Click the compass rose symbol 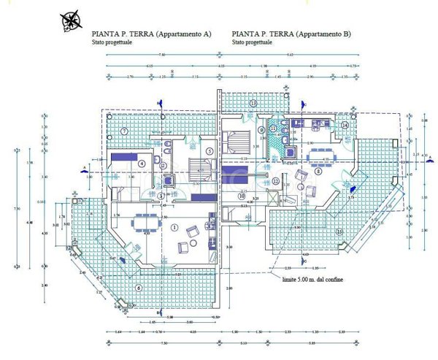[x=72, y=20]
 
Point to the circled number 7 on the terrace [x=125, y=131]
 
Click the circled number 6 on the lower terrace [x=139, y=287]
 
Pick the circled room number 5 [x=209, y=151]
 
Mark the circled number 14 [x=345, y=124]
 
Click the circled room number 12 [x=275, y=180]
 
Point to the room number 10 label [x=241, y=196]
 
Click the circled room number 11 [x=273, y=129]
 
